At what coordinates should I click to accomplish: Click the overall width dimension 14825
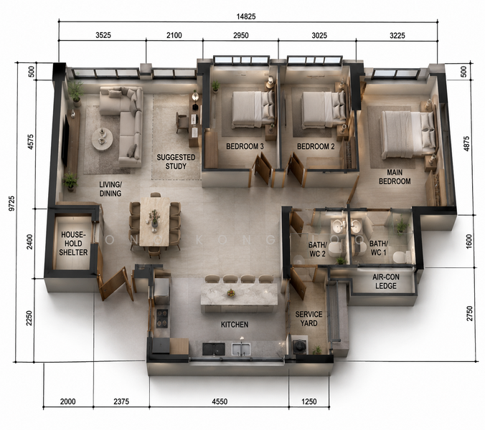click(246, 16)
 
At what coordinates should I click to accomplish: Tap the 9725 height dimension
click(11, 204)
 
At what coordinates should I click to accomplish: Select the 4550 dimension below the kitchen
click(220, 401)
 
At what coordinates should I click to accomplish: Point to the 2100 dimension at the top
click(174, 35)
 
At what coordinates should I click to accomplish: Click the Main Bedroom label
click(395, 177)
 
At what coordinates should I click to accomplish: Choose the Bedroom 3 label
click(245, 146)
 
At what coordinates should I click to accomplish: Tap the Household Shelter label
click(73, 244)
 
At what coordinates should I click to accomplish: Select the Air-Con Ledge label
click(386, 282)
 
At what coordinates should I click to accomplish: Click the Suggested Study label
click(176, 162)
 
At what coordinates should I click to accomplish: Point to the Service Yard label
click(309, 319)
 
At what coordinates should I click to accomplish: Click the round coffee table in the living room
click(103, 139)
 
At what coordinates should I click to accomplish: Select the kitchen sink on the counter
click(241, 348)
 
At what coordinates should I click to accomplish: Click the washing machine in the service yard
click(299, 345)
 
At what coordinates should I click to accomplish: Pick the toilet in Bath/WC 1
click(400, 257)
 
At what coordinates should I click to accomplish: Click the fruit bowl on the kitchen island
click(231, 293)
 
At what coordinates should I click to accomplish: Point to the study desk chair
click(182, 123)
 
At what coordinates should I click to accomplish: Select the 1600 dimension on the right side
click(468, 242)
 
